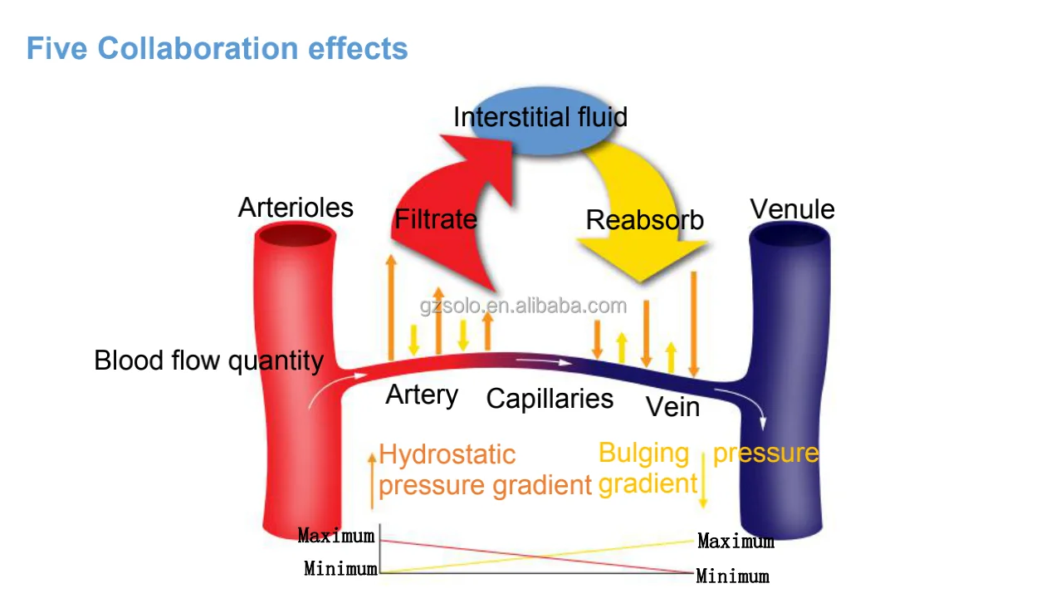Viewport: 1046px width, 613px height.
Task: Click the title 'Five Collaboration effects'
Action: [218, 48]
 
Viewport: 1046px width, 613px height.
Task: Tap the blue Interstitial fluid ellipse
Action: [541, 120]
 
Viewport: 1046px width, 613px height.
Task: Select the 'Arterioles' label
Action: [296, 208]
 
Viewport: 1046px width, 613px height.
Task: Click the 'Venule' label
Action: [792, 208]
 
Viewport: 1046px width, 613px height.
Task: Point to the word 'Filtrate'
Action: [436, 218]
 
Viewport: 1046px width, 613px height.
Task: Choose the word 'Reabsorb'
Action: [644, 220]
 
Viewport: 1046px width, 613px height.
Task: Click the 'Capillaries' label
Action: [550, 399]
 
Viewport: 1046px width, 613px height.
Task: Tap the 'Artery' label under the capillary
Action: [422, 395]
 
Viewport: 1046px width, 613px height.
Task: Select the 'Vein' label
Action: [673, 406]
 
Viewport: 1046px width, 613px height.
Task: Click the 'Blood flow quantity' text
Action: [208, 360]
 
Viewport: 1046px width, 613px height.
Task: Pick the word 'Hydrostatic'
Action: [447, 454]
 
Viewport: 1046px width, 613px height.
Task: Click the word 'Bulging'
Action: [644, 454]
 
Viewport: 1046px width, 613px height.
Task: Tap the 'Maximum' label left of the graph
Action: [336, 536]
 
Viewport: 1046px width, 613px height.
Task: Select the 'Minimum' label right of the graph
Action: [733, 576]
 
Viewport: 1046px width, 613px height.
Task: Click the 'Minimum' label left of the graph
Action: [341, 569]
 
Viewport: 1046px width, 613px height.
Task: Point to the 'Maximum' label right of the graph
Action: [736, 541]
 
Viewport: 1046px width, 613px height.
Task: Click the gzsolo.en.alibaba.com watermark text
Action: [523, 306]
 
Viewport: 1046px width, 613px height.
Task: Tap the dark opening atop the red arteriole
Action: [296, 234]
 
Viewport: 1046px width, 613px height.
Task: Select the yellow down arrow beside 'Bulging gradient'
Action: [703, 480]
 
